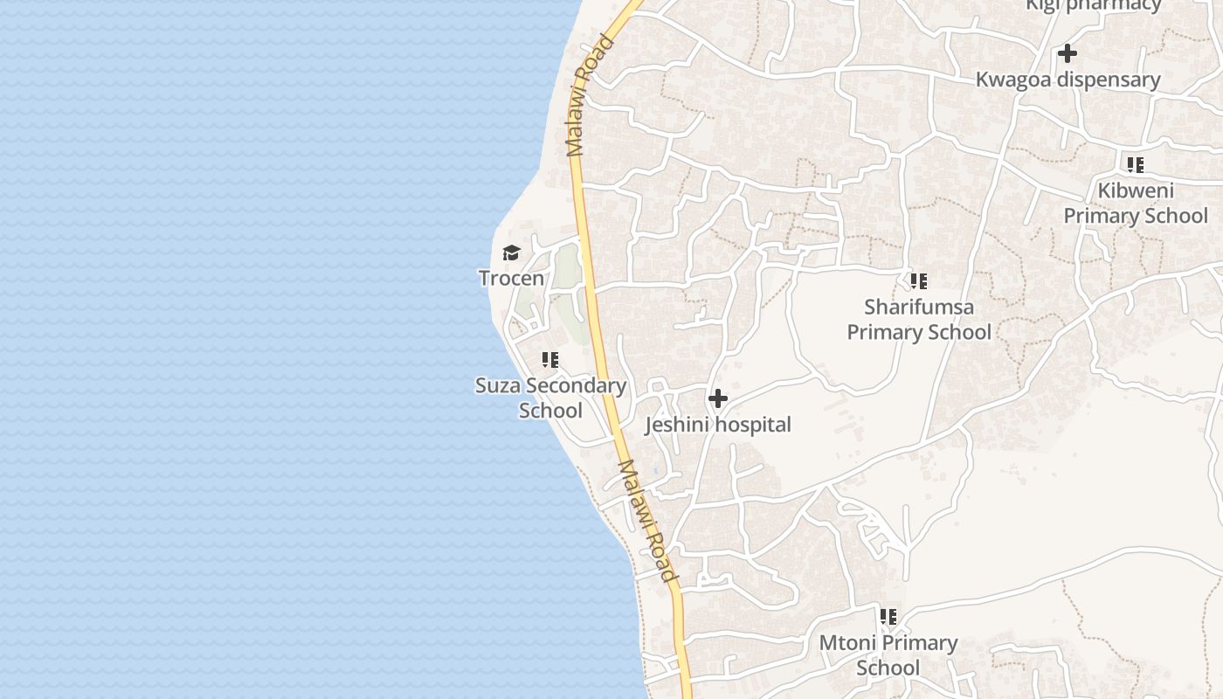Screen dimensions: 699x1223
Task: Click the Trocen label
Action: tap(511, 279)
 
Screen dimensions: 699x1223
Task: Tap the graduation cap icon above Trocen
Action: tap(511, 253)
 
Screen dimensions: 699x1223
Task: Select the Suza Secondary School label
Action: tap(550, 398)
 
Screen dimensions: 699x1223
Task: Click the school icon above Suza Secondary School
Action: tap(549, 359)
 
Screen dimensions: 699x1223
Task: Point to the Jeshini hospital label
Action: tap(718, 426)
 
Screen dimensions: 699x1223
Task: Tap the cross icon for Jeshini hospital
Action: tap(718, 399)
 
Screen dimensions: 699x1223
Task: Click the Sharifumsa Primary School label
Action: tap(919, 320)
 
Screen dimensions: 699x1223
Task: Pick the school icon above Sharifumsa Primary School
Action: tap(918, 281)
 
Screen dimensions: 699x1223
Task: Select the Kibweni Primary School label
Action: tap(1136, 204)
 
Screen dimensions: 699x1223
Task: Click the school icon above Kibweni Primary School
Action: tap(1135, 164)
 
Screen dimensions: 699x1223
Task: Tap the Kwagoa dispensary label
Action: tap(1068, 80)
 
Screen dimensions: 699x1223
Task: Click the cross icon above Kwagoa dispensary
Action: tap(1067, 53)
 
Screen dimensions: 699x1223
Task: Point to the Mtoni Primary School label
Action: tap(888, 655)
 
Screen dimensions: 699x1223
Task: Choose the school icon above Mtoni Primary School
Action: tap(888, 617)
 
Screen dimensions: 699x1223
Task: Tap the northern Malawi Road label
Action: tap(591, 95)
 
